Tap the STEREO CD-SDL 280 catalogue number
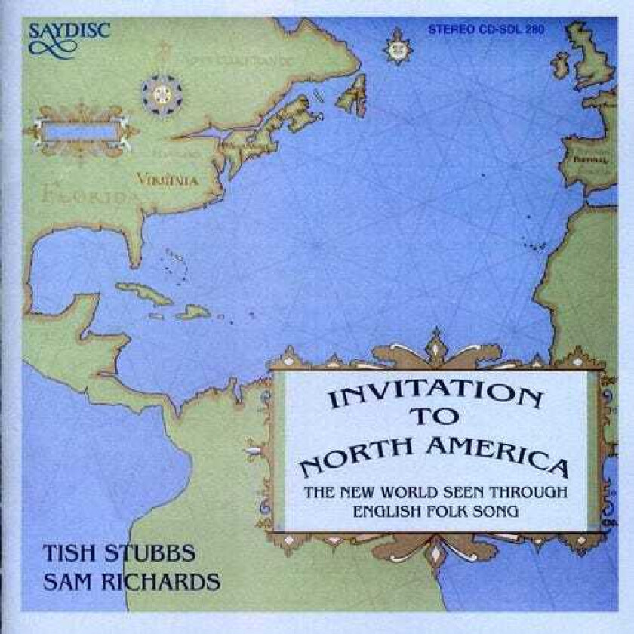486,31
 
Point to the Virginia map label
167,180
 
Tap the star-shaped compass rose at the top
396,48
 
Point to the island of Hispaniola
193,311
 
